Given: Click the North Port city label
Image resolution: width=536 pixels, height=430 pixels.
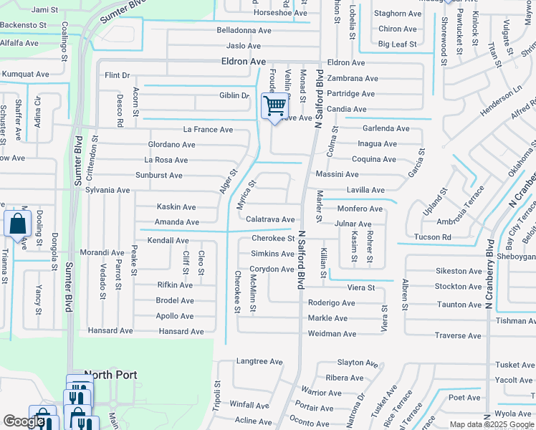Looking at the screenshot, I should (x=110, y=375).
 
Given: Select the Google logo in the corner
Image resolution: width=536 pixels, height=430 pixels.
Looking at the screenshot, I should (x=24, y=421).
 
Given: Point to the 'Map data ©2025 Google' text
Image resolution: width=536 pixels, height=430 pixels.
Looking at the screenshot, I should (x=490, y=424).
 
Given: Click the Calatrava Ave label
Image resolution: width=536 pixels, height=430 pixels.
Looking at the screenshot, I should (x=270, y=219).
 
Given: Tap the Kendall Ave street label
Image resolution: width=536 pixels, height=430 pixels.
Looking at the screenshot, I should (x=168, y=241).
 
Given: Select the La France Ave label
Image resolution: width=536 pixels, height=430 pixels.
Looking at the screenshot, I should (x=208, y=130).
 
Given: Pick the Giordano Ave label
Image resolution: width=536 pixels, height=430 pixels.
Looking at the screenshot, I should (x=171, y=145).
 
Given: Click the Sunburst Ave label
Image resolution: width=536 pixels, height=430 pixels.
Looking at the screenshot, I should (x=159, y=175).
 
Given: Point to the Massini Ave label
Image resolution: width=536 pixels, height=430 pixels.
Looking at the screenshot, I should (x=337, y=174).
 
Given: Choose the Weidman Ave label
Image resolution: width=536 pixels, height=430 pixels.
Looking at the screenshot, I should (x=332, y=334).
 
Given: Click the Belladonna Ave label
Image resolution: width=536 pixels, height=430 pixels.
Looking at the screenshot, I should (x=244, y=31).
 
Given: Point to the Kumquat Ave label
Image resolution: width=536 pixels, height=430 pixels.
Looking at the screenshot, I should (x=25, y=74).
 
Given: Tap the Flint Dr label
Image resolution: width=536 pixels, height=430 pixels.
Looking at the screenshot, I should (x=117, y=75).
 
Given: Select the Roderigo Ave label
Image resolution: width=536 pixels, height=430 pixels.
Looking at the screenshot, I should (x=331, y=303).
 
